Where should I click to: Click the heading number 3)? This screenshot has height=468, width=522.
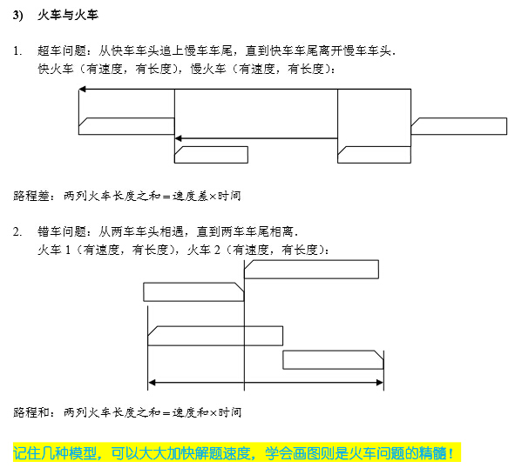(18, 16)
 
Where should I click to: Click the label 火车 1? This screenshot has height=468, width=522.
(54, 250)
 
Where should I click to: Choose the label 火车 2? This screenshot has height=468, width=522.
(204, 250)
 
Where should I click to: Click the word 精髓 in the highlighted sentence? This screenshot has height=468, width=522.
(432, 452)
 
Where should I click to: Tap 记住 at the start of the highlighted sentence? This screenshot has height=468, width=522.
(27, 452)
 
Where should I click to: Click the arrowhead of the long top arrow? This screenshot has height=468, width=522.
(82, 89)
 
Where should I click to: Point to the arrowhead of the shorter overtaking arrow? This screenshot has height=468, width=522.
(178, 138)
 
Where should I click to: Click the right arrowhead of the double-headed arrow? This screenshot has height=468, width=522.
(380, 383)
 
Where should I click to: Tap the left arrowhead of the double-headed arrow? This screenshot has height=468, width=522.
(152, 383)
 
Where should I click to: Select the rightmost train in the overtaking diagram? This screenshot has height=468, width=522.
(459, 126)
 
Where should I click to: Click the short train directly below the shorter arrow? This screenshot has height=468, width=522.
(211, 155)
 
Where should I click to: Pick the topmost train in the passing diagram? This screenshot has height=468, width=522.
(311, 270)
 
